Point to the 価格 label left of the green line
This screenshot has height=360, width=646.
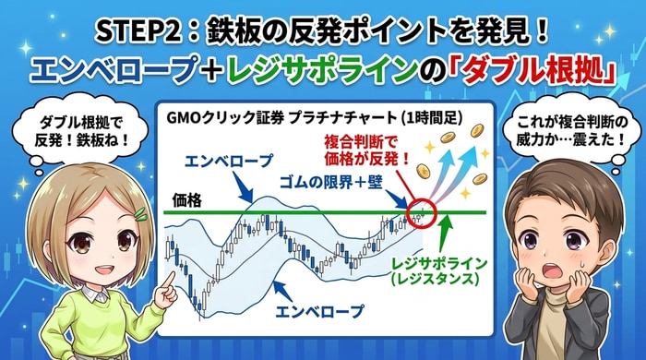tap(190, 199)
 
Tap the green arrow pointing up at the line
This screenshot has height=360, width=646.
tap(445, 227)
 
